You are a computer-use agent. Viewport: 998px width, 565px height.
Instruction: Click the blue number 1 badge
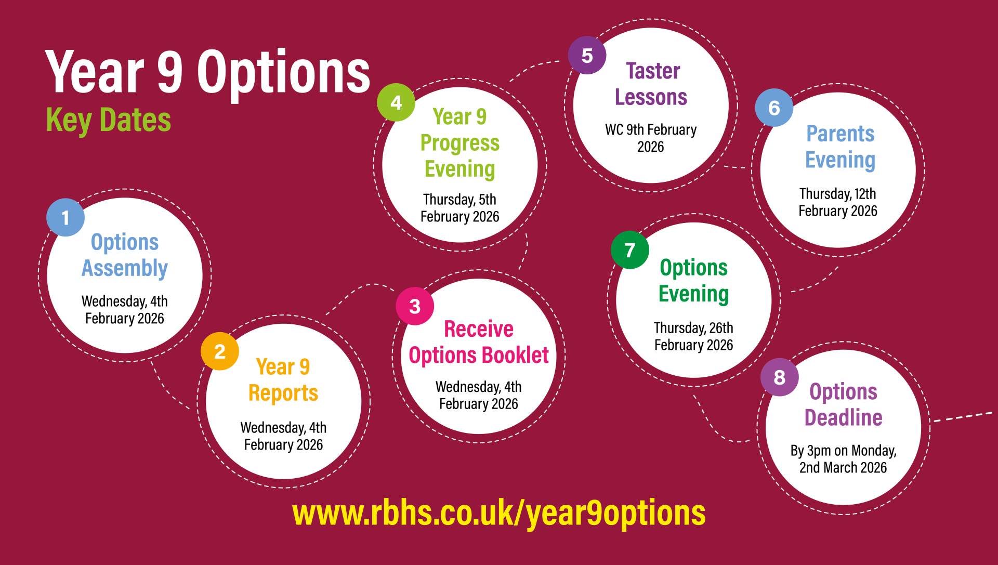point(65,217)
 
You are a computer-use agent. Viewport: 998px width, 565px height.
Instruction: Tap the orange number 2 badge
point(220,351)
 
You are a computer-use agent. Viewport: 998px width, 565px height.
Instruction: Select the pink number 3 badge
point(415,306)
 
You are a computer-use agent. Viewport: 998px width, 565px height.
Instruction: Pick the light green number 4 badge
point(396,102)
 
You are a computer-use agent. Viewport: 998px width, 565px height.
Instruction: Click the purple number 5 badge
point(587,55)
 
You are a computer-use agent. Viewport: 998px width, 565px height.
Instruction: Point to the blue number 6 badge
point(774,108)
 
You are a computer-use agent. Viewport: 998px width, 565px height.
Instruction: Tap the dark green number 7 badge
point(630,250)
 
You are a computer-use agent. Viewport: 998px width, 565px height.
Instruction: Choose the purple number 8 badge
point(780,377)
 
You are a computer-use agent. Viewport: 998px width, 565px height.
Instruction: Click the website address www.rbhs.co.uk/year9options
point(499,514)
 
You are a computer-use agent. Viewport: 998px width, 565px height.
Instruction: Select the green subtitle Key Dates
point(109,121)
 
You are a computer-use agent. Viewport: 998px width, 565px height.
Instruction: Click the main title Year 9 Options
point(208,72)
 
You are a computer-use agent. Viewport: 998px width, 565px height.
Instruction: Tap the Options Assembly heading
point(125,256)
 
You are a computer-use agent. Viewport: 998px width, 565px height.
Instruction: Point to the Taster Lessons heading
point(651,84)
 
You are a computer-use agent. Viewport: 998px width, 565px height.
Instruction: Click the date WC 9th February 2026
point(651,138)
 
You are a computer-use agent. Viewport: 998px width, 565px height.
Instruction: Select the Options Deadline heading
point(844,404)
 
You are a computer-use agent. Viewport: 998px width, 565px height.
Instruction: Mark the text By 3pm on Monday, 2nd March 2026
point(843,459)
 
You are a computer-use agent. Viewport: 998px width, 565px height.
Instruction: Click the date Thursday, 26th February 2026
point(693,336)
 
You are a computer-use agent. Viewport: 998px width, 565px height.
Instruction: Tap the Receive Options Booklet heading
point(479,343)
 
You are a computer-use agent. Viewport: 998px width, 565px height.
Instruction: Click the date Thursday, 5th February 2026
point(459,208)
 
